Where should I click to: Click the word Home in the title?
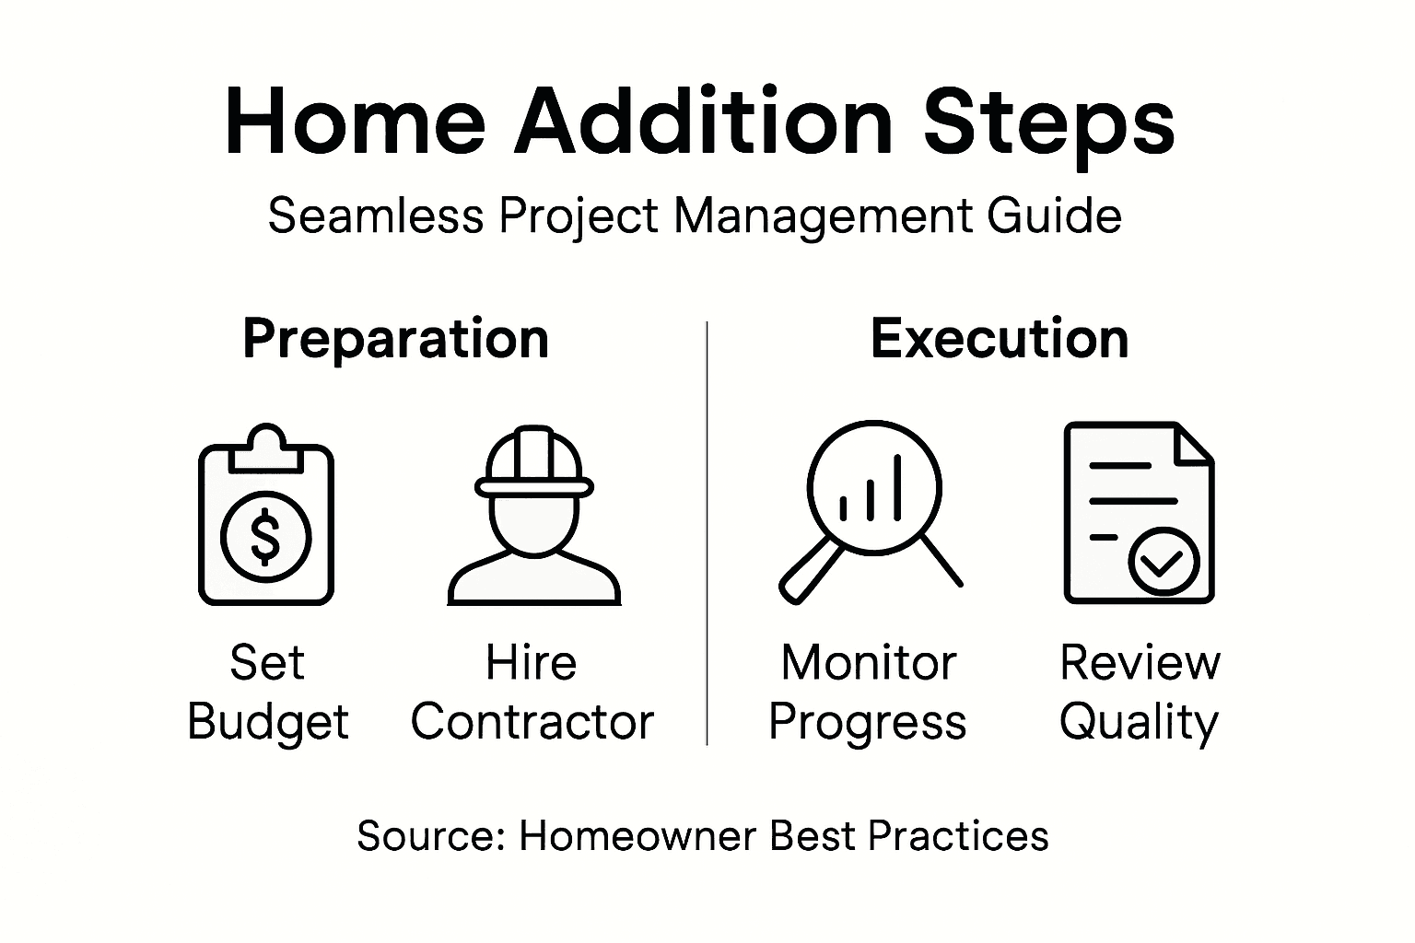tap(355, 122)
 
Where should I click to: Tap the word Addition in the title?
tap(703, 122)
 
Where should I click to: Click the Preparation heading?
tap(395, 339)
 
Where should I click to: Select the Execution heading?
tap(1000, 338)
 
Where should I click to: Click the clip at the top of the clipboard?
tap(266, 446)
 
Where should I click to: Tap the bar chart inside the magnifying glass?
tap(871, 493)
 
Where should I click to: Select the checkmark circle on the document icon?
tap(1163, 561)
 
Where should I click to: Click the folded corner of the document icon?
tap(1194, 443)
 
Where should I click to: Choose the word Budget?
tap(268, 723)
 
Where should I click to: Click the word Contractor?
tap(532, 722)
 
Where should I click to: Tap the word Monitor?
tap(869, 663)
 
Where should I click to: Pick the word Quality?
tap(1139, 723)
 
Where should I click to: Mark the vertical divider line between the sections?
tap(707, 534)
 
